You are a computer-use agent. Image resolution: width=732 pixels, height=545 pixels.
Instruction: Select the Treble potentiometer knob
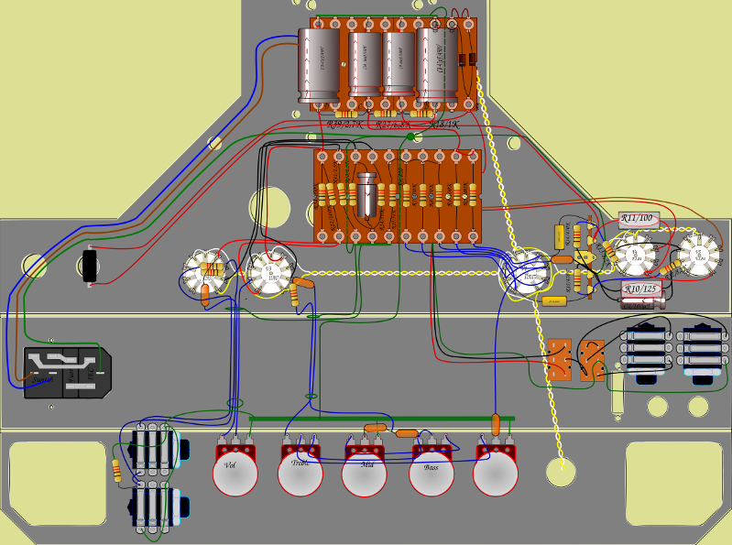[300, 474]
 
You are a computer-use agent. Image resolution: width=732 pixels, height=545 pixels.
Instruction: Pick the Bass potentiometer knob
[431, 475]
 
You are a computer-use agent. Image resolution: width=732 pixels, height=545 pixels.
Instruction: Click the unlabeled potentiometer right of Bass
[496, 474]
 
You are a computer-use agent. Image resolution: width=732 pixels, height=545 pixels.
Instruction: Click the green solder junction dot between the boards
[410, 138]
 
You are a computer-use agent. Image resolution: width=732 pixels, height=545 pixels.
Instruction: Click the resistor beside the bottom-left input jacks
[116, 471]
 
